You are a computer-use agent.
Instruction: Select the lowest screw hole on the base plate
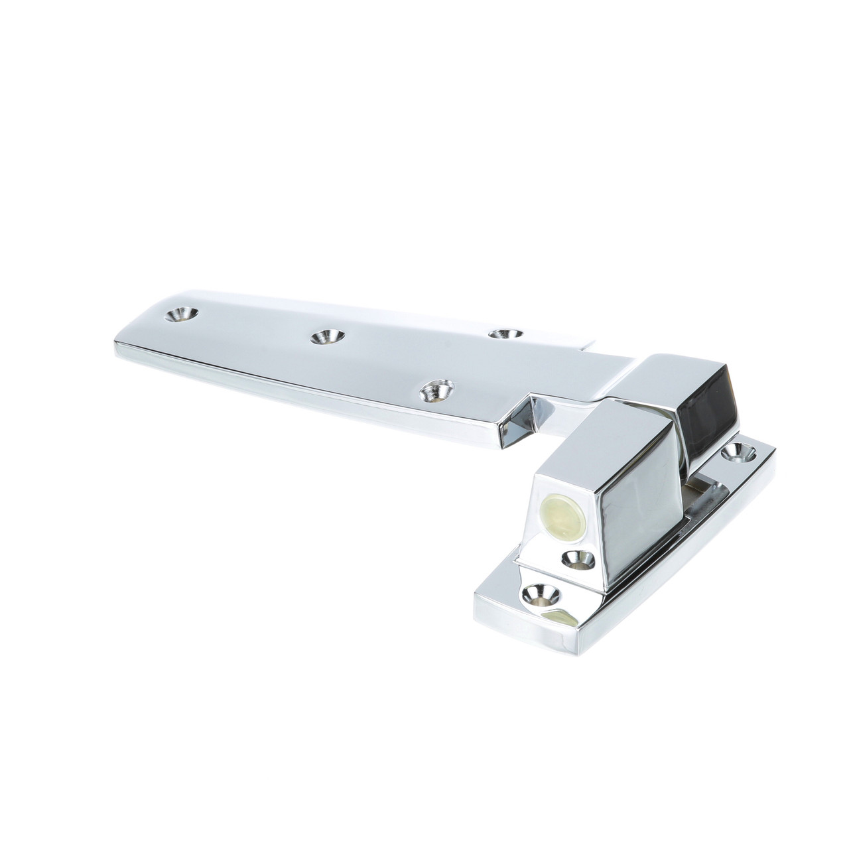click(x=542, y=592)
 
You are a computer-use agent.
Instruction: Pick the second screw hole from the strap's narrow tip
click(x=328, y=336)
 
